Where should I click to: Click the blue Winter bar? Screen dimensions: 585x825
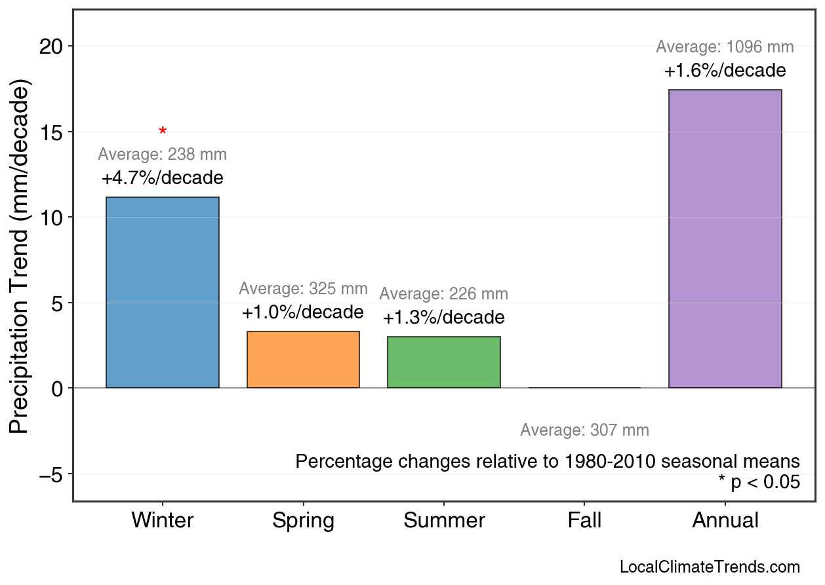[163, 292]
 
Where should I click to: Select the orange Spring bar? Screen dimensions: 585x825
[303, 360]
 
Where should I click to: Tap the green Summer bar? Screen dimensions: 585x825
[444, 362]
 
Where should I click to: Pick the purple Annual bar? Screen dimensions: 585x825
[725, 238]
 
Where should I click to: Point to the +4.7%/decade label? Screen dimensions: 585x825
[163, 178]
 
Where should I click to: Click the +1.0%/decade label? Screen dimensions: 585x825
[302, 312]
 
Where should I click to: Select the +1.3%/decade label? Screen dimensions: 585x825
[444, 318]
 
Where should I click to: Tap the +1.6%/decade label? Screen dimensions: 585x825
[725, 71]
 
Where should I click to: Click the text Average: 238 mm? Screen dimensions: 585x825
[163, 155]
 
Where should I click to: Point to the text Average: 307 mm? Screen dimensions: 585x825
[584, 430]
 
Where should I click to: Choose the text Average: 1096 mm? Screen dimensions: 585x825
[725, 47]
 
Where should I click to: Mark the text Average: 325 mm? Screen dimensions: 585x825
[303, 289]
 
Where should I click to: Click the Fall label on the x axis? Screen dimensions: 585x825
[584, 521]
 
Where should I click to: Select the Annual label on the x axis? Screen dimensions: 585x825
[725, 521]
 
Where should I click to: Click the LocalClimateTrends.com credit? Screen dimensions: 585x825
[710, 567]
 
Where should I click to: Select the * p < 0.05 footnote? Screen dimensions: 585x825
[759, 483]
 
